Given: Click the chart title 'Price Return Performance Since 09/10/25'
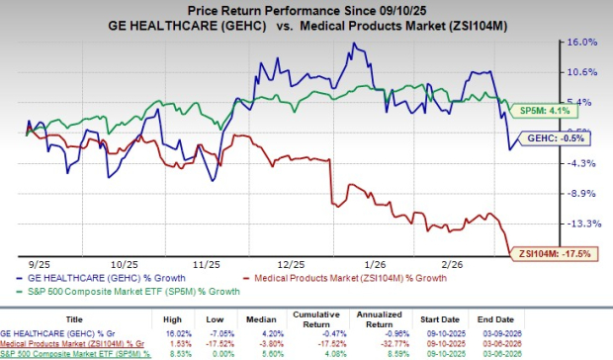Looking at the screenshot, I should pos(306,9).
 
